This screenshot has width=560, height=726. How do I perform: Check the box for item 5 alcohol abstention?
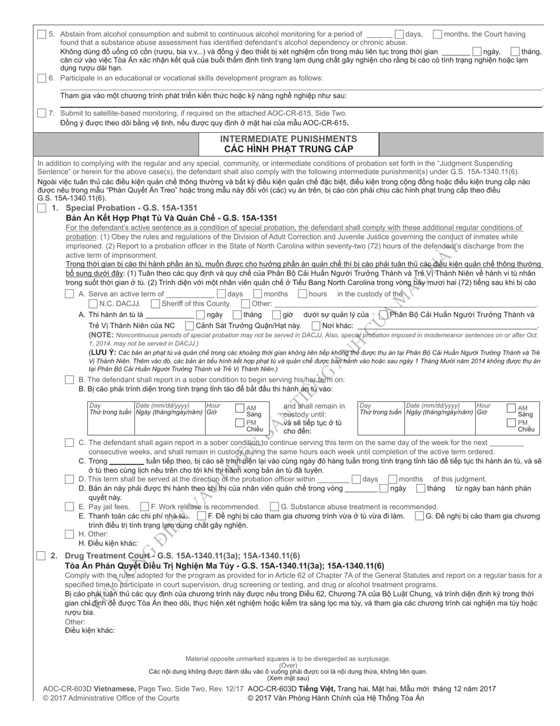[x=41, y=35]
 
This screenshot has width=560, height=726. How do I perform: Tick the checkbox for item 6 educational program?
[x=41, y=78]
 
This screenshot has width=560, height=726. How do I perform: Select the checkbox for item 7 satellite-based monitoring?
[x=41, y=113]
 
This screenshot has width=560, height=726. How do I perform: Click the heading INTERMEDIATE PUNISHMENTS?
[x=288, y=139]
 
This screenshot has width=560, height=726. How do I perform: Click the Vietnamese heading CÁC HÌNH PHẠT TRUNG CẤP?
[x=288, y=149]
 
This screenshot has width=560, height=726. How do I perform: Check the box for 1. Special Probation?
[x=41, y=208]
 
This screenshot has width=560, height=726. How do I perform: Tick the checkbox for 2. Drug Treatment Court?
[x=41, y=555]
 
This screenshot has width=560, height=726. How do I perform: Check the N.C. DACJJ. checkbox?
[x=93, y=303]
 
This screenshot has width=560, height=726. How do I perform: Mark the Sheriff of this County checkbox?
[x=155, y=303]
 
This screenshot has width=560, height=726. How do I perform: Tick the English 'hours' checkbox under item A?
[x=302, y=293]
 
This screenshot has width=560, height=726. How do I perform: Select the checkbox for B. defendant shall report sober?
[x=70, y=380]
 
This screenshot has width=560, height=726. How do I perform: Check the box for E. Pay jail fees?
[x=70, y=506]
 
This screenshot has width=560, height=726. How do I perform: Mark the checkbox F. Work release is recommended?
[x=144, y=506]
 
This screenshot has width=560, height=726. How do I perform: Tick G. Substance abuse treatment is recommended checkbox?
[x=274, y=506]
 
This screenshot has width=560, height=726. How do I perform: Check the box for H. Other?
[x=70, y=534]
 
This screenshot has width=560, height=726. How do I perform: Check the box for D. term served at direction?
[x=70, y=479]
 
